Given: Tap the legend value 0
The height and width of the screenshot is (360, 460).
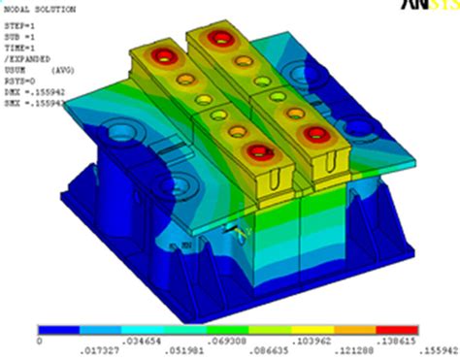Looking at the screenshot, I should tap(40, 342).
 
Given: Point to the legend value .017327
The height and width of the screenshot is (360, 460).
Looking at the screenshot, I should tap(82, 351).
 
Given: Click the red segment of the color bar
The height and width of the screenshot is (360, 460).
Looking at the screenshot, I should tap(410, 330).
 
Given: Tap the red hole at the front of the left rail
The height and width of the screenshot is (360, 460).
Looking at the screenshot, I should tap(257, 151).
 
